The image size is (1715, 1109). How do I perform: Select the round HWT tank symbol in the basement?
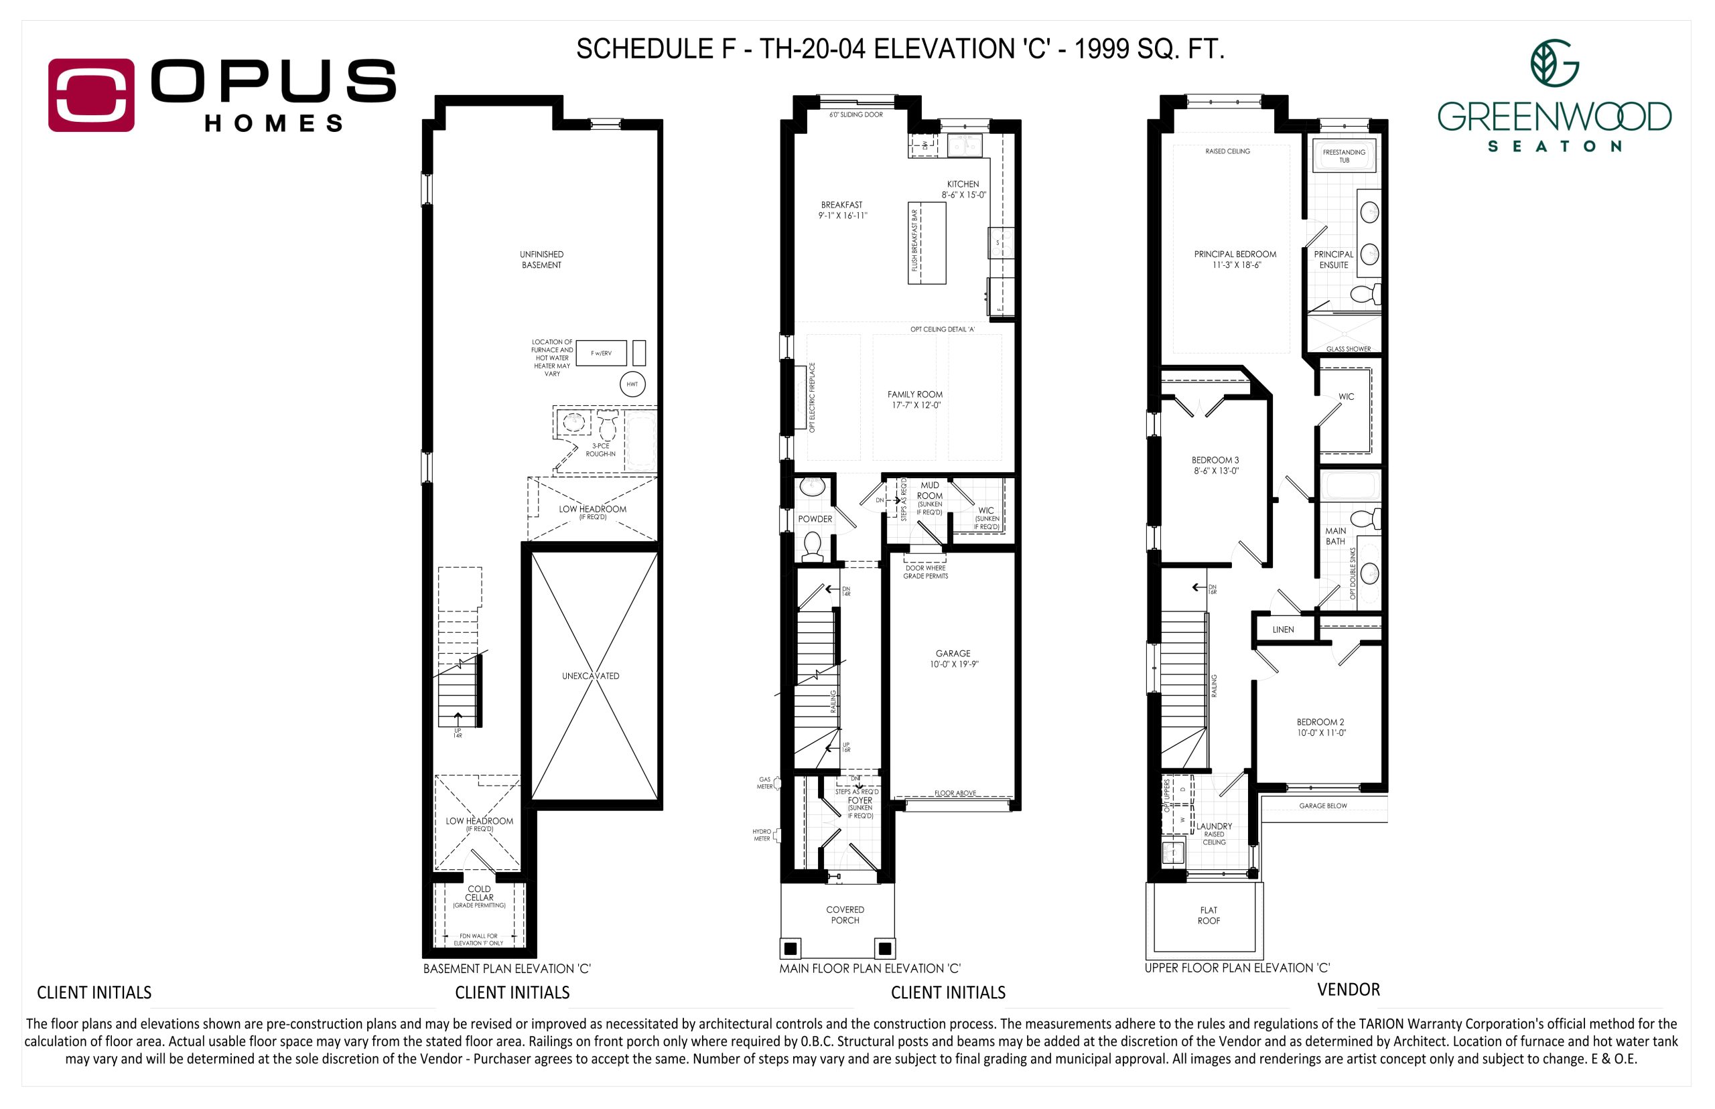pyautogui.click(x=632, y=384)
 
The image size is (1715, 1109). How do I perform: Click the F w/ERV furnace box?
pyautogui.click(x=601, y=353)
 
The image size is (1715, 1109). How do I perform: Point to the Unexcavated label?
pyautogui.click(x=590, y=676)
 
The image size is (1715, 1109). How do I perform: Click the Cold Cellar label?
pyautogui.click(x=479, y=893)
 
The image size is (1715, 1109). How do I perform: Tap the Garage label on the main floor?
pyautogui.click(x=952, y=653)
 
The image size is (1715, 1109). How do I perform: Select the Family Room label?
pyautogui.click(x=914, y=394)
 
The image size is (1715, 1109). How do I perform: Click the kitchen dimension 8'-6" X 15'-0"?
pyautogui.click(x=963, y=194)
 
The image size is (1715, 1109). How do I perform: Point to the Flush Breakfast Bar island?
pyautogui.click(x=927, y=243)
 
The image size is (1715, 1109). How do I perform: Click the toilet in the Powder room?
pyautogui.click(x=813, y=546)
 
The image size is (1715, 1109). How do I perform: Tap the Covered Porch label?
pyautogui.click(x=845, y=915)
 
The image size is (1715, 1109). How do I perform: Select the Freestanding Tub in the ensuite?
pyautogui.click(x=1343, y=155)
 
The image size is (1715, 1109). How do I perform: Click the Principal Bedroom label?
pyautogui.click(x=1235, y=254)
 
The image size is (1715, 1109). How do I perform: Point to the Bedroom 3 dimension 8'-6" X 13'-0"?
pyautogui.click(x=1215, y=471)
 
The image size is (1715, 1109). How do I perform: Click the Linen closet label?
pyautogui.click(x=1283, y=630)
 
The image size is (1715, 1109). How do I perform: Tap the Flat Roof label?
pyautogui.click(x=1209, y=915)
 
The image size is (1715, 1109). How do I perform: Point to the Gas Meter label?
pyautogui.click(x=764, y=783)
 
